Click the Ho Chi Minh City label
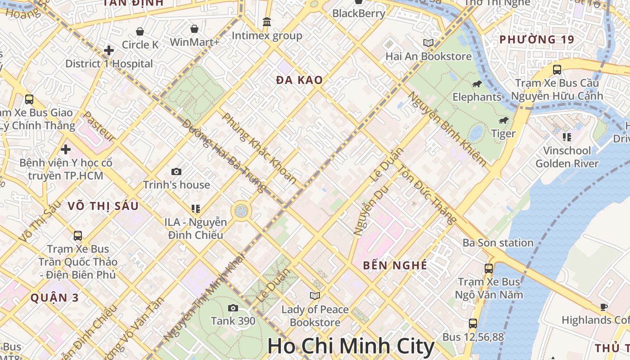point(351,346)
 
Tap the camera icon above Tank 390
point(233,308)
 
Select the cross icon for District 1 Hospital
point(108,50)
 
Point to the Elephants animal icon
point(477,84)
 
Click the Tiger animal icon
point(503,121)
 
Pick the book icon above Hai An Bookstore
point(428,43)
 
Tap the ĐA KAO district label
point(299,80)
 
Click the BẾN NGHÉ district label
point(395,265)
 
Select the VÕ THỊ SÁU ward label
point(103,206)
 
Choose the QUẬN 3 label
point(54,297)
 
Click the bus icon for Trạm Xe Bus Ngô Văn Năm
point(488,269)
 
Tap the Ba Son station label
point(498,243)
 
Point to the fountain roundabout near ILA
point(242,211)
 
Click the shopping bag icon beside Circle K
point(140,31)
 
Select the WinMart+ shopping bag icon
point(194,29)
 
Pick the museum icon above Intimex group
point(267,22)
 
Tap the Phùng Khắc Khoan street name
point(260,148)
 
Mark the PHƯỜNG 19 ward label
point(537,40)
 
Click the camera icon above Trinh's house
point(176,171)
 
